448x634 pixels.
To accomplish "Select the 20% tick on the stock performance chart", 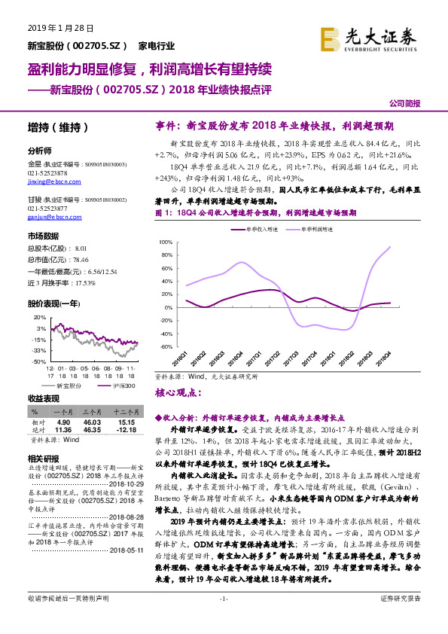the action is click(38, 316).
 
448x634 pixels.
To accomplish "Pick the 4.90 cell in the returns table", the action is click(63, 423).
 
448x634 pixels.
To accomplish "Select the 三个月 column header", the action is click(92, 413).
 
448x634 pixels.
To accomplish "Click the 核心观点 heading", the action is click(178, 392).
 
